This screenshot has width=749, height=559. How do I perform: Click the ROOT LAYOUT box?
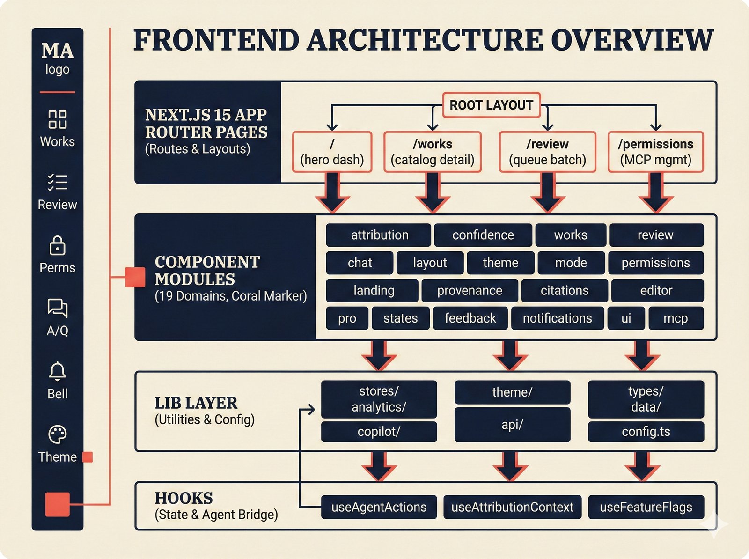pyautogui.click(x=491, y=105)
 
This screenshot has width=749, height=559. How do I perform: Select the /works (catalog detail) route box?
pyautogui.click(x=433, y=152)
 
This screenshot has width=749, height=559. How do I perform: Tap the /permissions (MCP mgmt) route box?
pyautogui.click(x=655, y=152)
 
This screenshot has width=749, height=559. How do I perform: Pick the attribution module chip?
pyautogui.click(x=379, y=235)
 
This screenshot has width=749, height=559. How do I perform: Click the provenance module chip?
pyautogui.click(x=470, y=291)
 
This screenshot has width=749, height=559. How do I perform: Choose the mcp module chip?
pyautogui.click(x=676, y=318)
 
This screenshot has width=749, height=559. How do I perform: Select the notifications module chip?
pyautogui.click(x=557, y=318)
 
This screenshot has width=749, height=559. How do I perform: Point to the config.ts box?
pyautogui.click(x=646, y=432)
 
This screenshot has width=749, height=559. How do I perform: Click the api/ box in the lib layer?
pyautogui.click(x=512, y=425)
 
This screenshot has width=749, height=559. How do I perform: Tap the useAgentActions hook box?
pyautogui.click(x=379, y=507)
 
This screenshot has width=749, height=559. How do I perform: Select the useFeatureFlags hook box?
pyautogui.click(x=646, y=507)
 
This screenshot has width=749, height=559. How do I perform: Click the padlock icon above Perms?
pyautogui.click(x=57, y=245)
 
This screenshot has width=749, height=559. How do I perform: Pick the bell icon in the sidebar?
pyautogui.click(x=57, y=371)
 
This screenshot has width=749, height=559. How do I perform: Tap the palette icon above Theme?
pyautogui.click(x=57, y=434)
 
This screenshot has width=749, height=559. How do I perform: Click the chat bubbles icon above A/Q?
pyautogui.click(x=57, y=308)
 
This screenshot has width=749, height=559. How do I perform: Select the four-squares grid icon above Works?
pyautogui.click(x=57, y=119)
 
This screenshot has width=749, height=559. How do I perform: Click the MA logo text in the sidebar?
pyautogui.click(x=57, y=51)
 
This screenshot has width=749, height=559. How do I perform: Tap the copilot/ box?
pyautogui.click(x=379, y=432)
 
